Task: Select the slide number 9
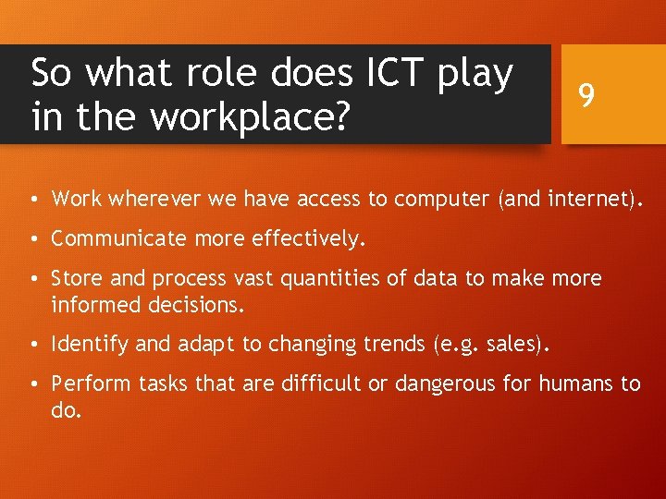585,94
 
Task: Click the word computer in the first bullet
443,199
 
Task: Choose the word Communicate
116,238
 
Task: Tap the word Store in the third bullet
75,278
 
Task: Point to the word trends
394,344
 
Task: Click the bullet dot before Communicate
32,239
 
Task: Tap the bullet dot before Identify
32,345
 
